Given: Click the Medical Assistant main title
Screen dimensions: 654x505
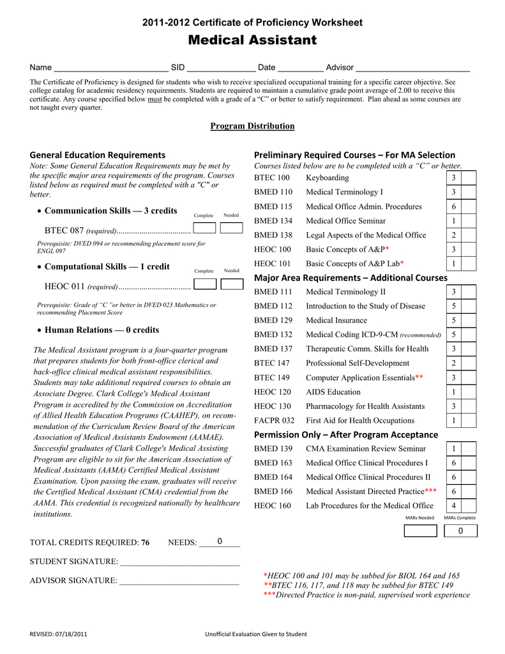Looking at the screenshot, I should point(252,40).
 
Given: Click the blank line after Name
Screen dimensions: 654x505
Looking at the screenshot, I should point(110,68).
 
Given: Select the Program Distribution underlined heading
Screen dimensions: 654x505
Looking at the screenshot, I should point(252,126).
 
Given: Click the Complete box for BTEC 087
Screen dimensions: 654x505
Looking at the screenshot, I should point(204,229).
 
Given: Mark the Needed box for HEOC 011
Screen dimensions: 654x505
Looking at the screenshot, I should point(232,284).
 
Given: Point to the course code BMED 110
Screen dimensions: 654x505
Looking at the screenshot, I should point(273,192).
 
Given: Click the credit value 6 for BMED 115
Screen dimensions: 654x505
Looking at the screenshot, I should point(453,206).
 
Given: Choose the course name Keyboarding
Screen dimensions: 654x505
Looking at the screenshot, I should point(327,178).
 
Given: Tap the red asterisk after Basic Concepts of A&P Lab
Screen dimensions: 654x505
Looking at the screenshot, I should point(402,263).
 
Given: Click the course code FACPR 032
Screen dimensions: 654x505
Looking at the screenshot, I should point(275,420).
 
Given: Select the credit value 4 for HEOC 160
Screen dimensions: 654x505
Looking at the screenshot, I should point(453,506).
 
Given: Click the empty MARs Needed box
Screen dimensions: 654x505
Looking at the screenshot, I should point(420,531).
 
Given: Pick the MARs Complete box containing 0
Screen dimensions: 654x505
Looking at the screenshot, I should point(460,531).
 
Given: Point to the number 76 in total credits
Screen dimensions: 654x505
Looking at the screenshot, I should point(145,542).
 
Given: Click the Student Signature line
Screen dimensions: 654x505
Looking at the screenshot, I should point(179,563).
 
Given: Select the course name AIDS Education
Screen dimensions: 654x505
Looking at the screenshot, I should point(333,392).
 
